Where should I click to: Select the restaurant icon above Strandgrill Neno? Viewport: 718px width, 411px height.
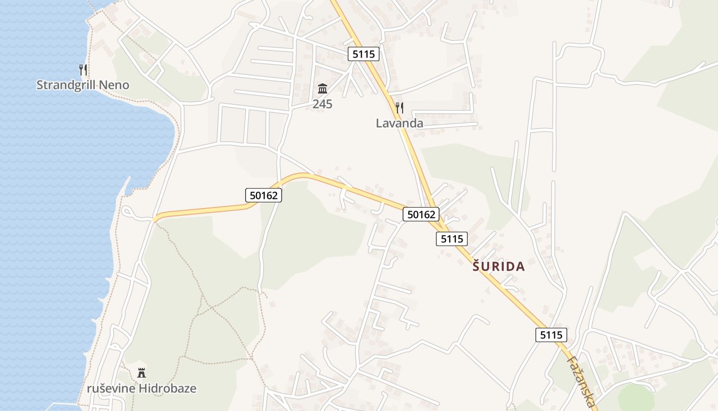click(x=83, y=69)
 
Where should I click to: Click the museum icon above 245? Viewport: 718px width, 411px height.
click(x=323, y=88)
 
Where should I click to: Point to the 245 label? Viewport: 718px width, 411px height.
click(x=323, y=104)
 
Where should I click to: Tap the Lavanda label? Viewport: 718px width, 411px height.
click(x=400, y=123)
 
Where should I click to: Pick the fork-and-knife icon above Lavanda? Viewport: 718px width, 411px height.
click(x=400, y=108)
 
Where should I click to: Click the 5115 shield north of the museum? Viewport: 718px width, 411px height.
click(x=363, y=54)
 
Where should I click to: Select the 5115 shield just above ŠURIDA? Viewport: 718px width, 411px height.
click(x=452, y=239)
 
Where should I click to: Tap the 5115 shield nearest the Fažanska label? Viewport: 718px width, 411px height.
click(x=551, y=335)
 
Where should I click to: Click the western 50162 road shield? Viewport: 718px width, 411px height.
click(x=264, y=195)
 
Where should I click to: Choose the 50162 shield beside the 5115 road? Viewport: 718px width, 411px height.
click(x=421, y=214)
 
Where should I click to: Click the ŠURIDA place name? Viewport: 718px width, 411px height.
click(x=498, y=267)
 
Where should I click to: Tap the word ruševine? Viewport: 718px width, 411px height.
click(x=111, y=388)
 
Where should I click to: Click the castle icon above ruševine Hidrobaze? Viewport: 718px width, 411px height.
click(x=142, y=373)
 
